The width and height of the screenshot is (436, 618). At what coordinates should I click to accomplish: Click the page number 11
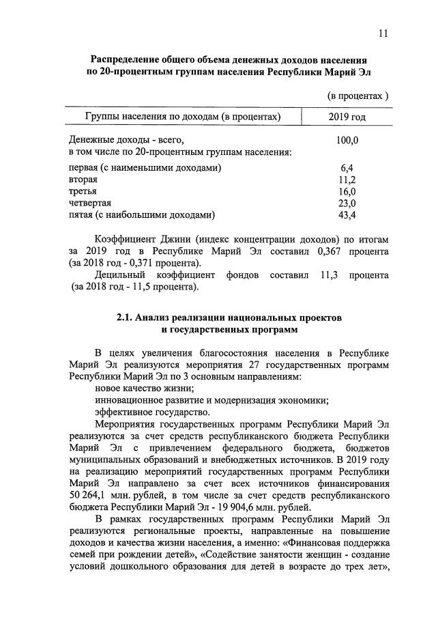click(x=383, y=33)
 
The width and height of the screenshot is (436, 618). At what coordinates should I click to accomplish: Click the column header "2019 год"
click(x=347, y=117)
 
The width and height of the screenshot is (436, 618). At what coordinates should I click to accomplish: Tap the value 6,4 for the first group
click(x=347, y=168)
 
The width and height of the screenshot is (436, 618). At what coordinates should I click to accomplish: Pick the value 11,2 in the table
click(x=347, y=180)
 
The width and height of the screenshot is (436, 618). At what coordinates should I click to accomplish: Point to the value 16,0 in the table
click(x=347, y=192)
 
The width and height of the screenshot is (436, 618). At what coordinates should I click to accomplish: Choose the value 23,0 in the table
click(x=347, y=203)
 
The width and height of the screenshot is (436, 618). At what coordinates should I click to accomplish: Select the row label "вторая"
click(x=83, y=180)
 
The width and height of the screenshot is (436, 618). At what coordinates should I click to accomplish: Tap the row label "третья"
click(x=83, y=192)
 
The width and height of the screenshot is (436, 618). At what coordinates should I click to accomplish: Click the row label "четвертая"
click(x=90, y=203)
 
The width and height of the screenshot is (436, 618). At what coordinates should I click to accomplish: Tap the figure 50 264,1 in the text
click(x=91, y=493)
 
